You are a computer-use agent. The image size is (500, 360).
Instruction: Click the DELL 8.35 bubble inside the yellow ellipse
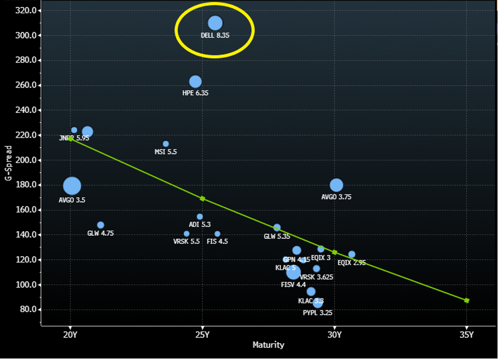(x=215, y=23)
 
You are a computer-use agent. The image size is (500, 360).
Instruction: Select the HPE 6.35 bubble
(x=195, y=82)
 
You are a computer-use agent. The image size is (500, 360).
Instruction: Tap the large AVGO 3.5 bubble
(x=72, y=186)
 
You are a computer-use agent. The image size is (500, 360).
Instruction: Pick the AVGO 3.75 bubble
(x=336, y=185)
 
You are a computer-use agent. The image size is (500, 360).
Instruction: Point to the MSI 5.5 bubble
(x=166, y=144)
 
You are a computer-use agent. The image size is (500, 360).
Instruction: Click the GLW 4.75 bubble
(x=100, y=225)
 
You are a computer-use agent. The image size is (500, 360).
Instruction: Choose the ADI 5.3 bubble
(x=200, y=217)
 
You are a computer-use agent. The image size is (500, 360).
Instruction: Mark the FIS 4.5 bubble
(x=217, y=234)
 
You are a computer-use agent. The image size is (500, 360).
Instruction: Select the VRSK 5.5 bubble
(x=186, y=234)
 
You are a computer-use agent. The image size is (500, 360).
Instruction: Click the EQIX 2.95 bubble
(x=352, y=255)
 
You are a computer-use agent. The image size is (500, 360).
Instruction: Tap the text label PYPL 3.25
(x=318, y=313)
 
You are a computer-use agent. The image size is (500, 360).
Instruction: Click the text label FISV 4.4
(x=293, y=285)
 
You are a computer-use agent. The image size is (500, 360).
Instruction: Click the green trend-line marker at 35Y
(x=466, y=300)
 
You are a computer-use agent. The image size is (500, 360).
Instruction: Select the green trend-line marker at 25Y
(x=202, y=198)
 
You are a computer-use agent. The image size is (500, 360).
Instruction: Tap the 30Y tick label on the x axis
(x=334, y=334)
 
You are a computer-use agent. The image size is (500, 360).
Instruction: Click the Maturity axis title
(x=268, y=345)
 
